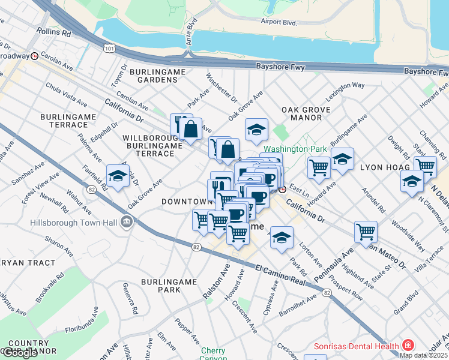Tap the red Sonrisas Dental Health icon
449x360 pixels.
coord(408,346)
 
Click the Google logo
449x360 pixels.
coord(20,353)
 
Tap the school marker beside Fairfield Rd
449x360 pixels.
coord(118,176)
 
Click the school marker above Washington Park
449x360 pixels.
coord(256,129)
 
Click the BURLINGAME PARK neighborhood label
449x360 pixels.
coord(161,285)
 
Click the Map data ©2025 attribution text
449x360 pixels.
coord(424,355)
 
